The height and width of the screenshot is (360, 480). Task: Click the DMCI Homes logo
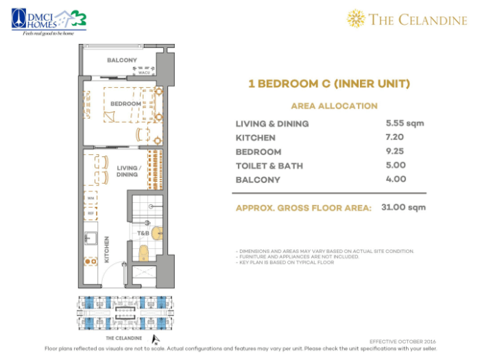pos(48,20)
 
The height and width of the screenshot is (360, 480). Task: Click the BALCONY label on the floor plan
pos(121,60)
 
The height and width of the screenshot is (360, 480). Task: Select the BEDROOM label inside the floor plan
pos(125,104)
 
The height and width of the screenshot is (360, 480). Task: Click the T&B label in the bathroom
pos(143,233)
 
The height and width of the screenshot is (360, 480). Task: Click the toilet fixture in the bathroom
pos(143,253)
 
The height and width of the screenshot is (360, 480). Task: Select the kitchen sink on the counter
pos(89,239)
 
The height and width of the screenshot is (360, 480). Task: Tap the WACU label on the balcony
pos(143,73)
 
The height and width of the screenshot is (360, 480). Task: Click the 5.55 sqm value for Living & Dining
pos(405,123)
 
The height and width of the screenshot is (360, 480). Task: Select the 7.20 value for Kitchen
pos(396,137)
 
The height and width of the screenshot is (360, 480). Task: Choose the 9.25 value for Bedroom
pos(396,152)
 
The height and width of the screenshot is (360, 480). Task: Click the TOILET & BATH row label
pos(269,166)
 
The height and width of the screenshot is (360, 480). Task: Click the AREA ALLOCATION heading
pos(334,106)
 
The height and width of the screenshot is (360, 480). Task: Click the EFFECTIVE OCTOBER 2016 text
pos(401,341)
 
